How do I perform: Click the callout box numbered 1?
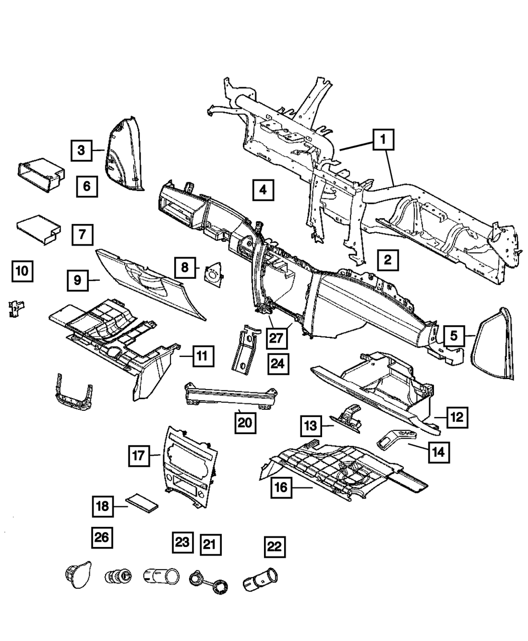pos(384,142)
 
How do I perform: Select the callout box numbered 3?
pos(81,150)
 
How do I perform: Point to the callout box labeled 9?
pos(78,280)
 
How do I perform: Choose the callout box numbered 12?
pos(457,418)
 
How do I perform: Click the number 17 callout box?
pos(138,455)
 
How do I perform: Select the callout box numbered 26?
pos(102,538)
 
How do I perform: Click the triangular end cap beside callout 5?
pos(497,343)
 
